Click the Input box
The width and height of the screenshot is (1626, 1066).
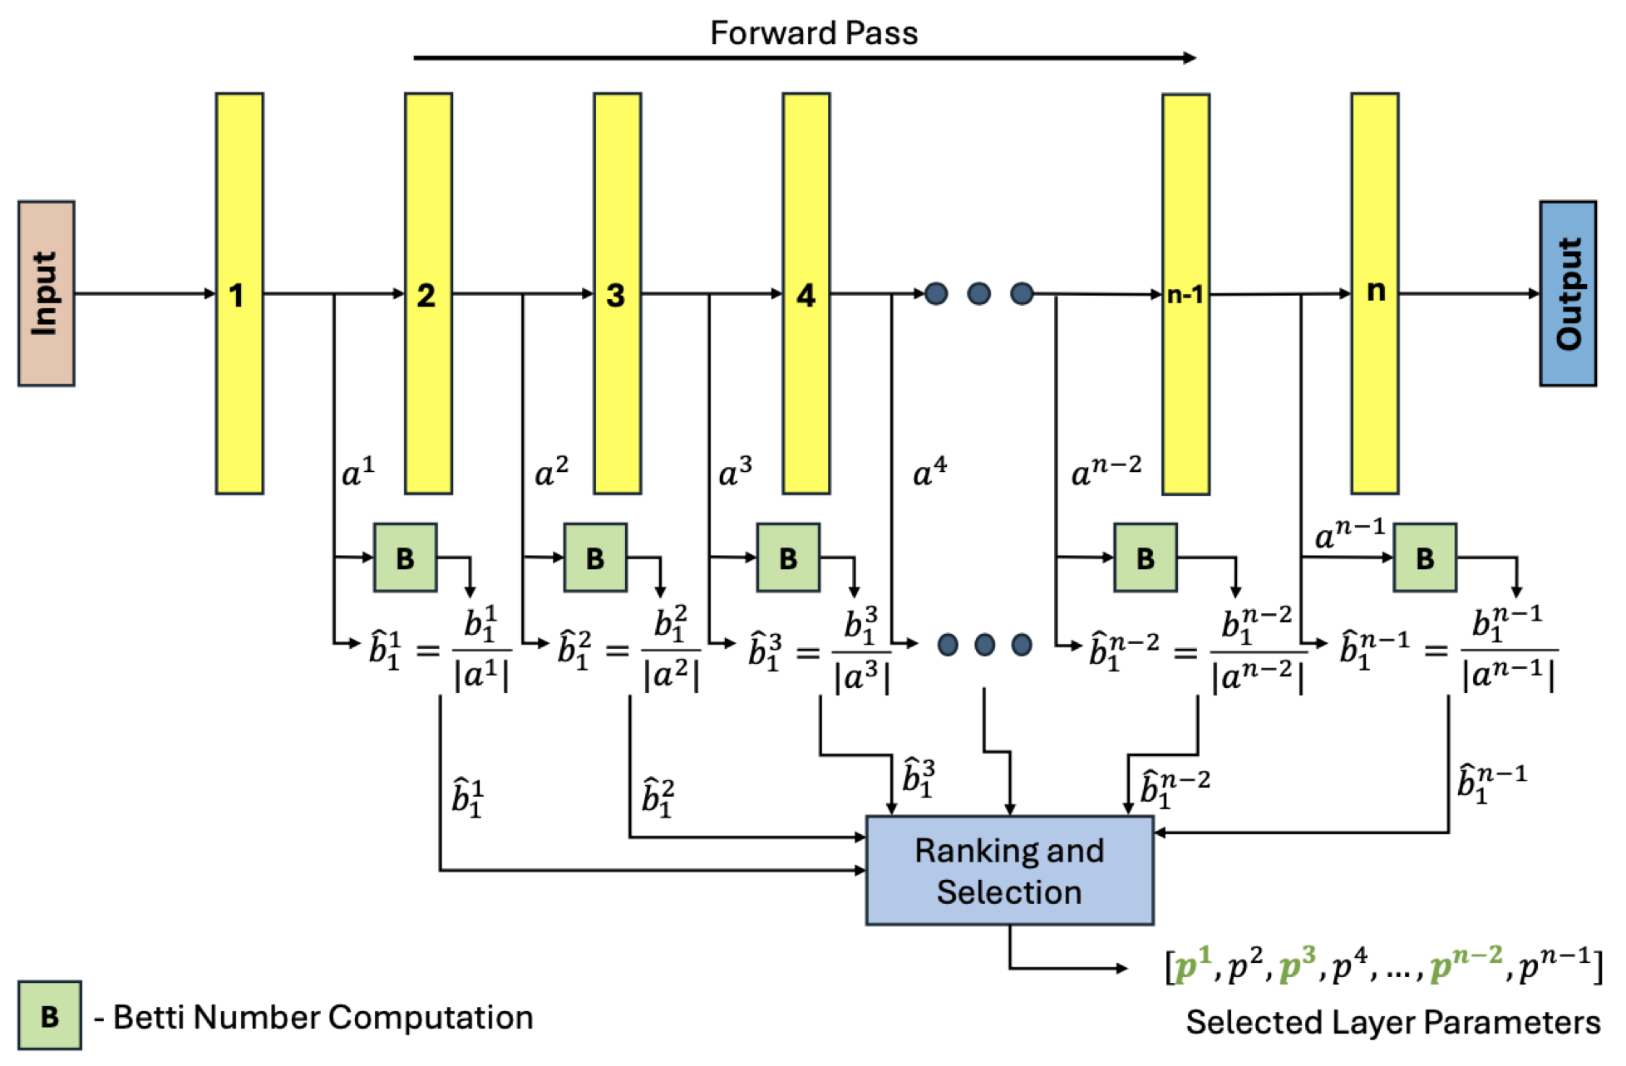point(47,293)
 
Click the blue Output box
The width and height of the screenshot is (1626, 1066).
point(1567,293)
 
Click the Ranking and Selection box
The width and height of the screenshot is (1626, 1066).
point(1009,870)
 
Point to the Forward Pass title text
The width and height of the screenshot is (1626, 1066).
point(813,33)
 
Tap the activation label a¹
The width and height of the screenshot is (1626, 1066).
point(358,472)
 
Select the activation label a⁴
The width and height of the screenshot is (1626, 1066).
point(929,472)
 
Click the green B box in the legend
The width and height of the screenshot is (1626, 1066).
point(50,1015)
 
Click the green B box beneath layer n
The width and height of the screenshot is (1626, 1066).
point(1424,558)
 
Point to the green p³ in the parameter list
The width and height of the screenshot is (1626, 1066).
point(1297,965)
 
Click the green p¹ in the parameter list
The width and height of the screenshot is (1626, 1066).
point(1192,965)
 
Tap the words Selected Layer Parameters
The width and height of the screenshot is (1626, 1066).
point(1392,1022)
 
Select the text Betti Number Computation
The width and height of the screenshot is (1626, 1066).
point(323,1017)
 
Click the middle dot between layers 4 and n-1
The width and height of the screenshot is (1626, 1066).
point(978,293)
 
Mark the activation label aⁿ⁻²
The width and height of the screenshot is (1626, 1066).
point(1106,472)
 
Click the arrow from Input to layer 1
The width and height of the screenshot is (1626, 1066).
point(145,293)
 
